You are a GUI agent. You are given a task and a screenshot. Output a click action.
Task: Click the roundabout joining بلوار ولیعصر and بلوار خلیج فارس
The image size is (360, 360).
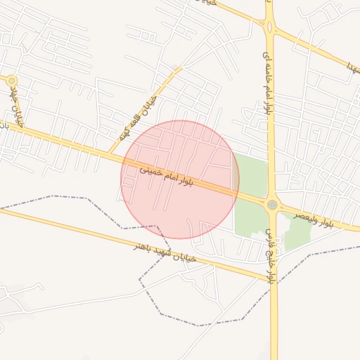point(272,205)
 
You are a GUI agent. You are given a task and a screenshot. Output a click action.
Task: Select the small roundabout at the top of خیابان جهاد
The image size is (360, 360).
point(11,81)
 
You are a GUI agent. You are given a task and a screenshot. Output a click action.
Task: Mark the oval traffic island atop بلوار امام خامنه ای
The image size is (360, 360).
point(269,26)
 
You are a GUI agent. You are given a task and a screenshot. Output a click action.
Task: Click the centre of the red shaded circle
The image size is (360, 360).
point(180,179)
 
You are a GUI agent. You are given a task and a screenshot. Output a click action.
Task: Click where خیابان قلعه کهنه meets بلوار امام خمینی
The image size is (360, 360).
point(110,153)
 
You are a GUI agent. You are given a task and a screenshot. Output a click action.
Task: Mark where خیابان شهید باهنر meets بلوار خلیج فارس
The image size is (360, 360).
point(272,281)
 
